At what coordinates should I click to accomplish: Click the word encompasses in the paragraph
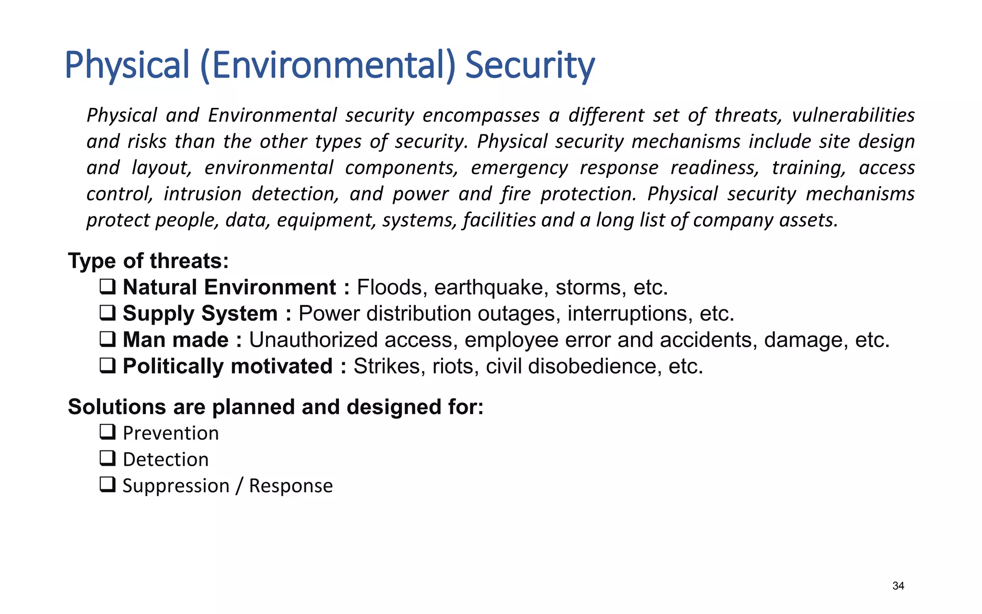point(481,116)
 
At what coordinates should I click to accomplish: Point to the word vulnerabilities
point(853,116)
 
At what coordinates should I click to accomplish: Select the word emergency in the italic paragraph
point(519,168)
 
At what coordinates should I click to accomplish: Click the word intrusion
point(202,194)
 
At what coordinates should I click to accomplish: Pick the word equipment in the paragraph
point(325,220)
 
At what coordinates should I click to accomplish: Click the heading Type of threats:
point(148,261)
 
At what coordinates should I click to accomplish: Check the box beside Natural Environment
point(107,287)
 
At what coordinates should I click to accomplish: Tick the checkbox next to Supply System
point(107,313)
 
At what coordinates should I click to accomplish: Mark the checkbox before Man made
point(107,340)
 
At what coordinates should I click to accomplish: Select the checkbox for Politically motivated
point(107,366)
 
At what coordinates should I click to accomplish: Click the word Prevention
point(171,433)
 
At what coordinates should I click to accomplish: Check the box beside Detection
point(107,459)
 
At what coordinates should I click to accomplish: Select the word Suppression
point(176,486)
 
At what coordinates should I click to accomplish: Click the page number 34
point(898,586)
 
